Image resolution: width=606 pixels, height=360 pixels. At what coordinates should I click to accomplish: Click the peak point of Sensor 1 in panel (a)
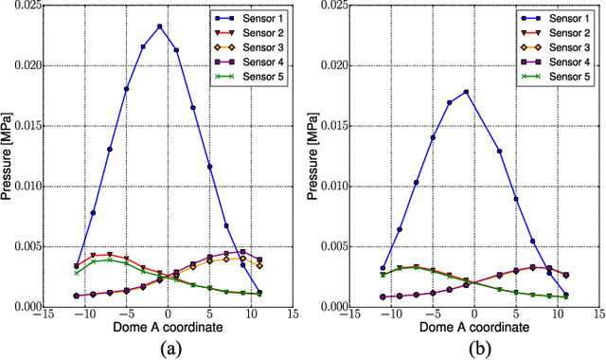point(160,27)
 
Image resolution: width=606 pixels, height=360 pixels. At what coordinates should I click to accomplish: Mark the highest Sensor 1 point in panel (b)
point(467,92)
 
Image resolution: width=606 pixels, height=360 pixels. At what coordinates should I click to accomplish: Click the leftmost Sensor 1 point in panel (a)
point(77,266)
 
